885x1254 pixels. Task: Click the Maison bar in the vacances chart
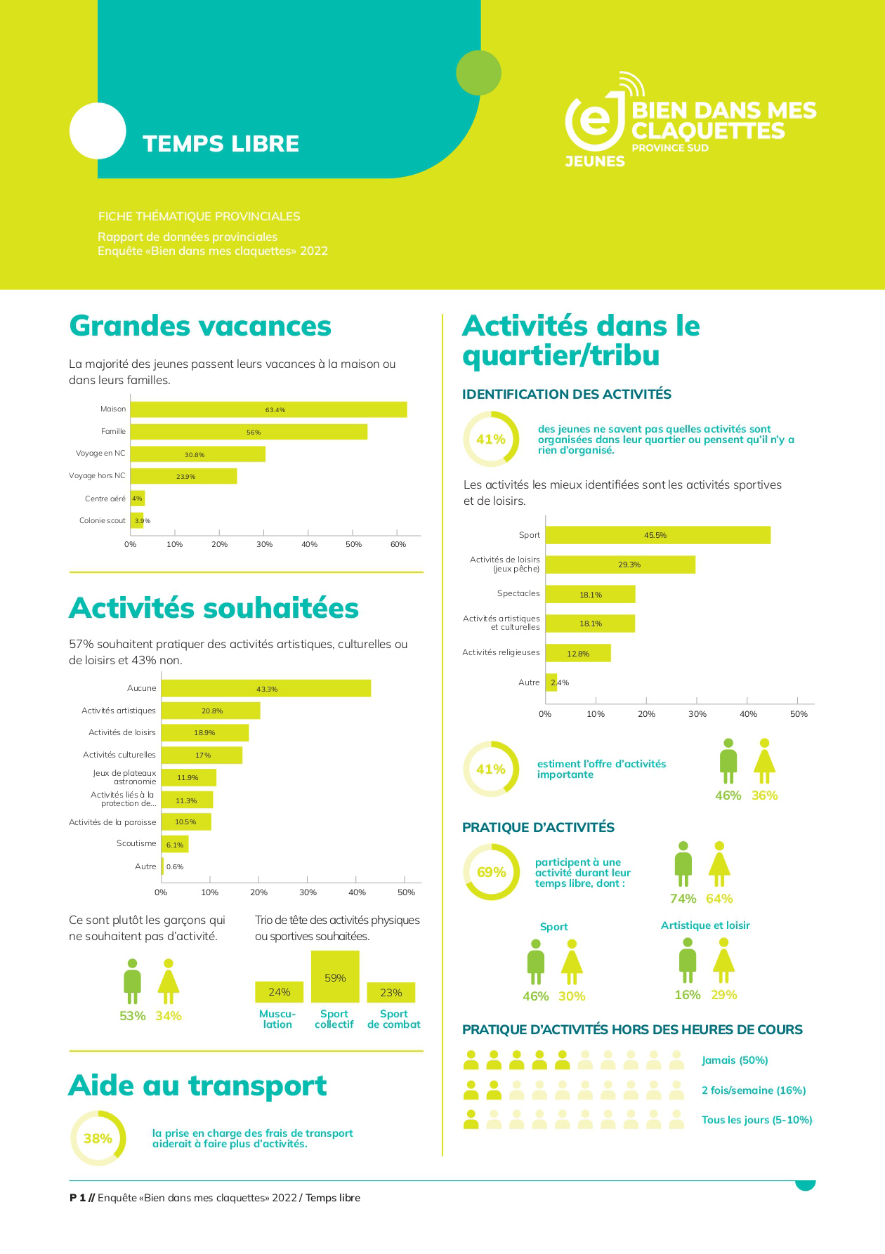pos(268,409)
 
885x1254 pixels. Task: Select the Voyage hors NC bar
pos(183,476)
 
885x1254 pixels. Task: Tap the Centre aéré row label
pos(105,499)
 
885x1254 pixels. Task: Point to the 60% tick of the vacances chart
pos(398,544)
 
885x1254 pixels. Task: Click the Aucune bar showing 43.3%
pos(266,688)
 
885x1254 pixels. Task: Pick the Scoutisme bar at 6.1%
pos(175,844)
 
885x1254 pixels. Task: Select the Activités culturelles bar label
pos(119,755)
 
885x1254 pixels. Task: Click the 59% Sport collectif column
pos(335,977)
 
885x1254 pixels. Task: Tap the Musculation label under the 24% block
pos(277,1019)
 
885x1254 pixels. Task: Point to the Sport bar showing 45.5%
pos(657,535)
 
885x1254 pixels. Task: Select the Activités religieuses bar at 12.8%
pos(578,653)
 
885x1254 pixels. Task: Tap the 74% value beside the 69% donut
pos(683,899)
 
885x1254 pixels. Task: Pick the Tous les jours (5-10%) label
pos(756,1120)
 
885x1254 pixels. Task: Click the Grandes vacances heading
pos(200,326)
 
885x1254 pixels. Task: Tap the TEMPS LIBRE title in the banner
pos(221,144)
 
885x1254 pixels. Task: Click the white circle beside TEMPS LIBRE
pos(98,131)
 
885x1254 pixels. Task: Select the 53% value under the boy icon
pos(132,1016)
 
